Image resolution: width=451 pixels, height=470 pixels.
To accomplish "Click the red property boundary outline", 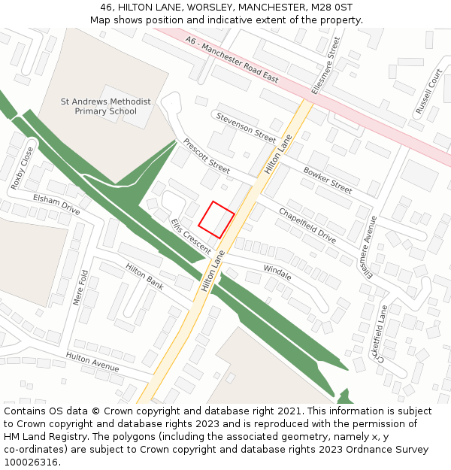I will [x=216, y=220].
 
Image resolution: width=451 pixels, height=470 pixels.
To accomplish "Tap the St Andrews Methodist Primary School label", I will [x=106, y=107].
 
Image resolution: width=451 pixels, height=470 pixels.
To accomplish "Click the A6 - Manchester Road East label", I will [x=233, y=61].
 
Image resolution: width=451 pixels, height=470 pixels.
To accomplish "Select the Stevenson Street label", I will [x=246, y=126].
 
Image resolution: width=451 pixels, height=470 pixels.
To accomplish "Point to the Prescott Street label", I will [x=206, y=155].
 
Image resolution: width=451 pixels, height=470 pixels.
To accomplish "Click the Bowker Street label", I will [x=328, y=180].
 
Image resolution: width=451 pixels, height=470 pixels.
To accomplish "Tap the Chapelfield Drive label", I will [x=307, y=226].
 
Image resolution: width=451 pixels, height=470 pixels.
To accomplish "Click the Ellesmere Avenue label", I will [x=371, y=247].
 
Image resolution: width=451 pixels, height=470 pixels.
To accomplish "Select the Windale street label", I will [x=277, y=272].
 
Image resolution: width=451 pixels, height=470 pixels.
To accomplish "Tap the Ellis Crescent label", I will [x=191, y=235].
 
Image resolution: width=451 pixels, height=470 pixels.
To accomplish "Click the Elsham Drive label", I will [x=56, y=204].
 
